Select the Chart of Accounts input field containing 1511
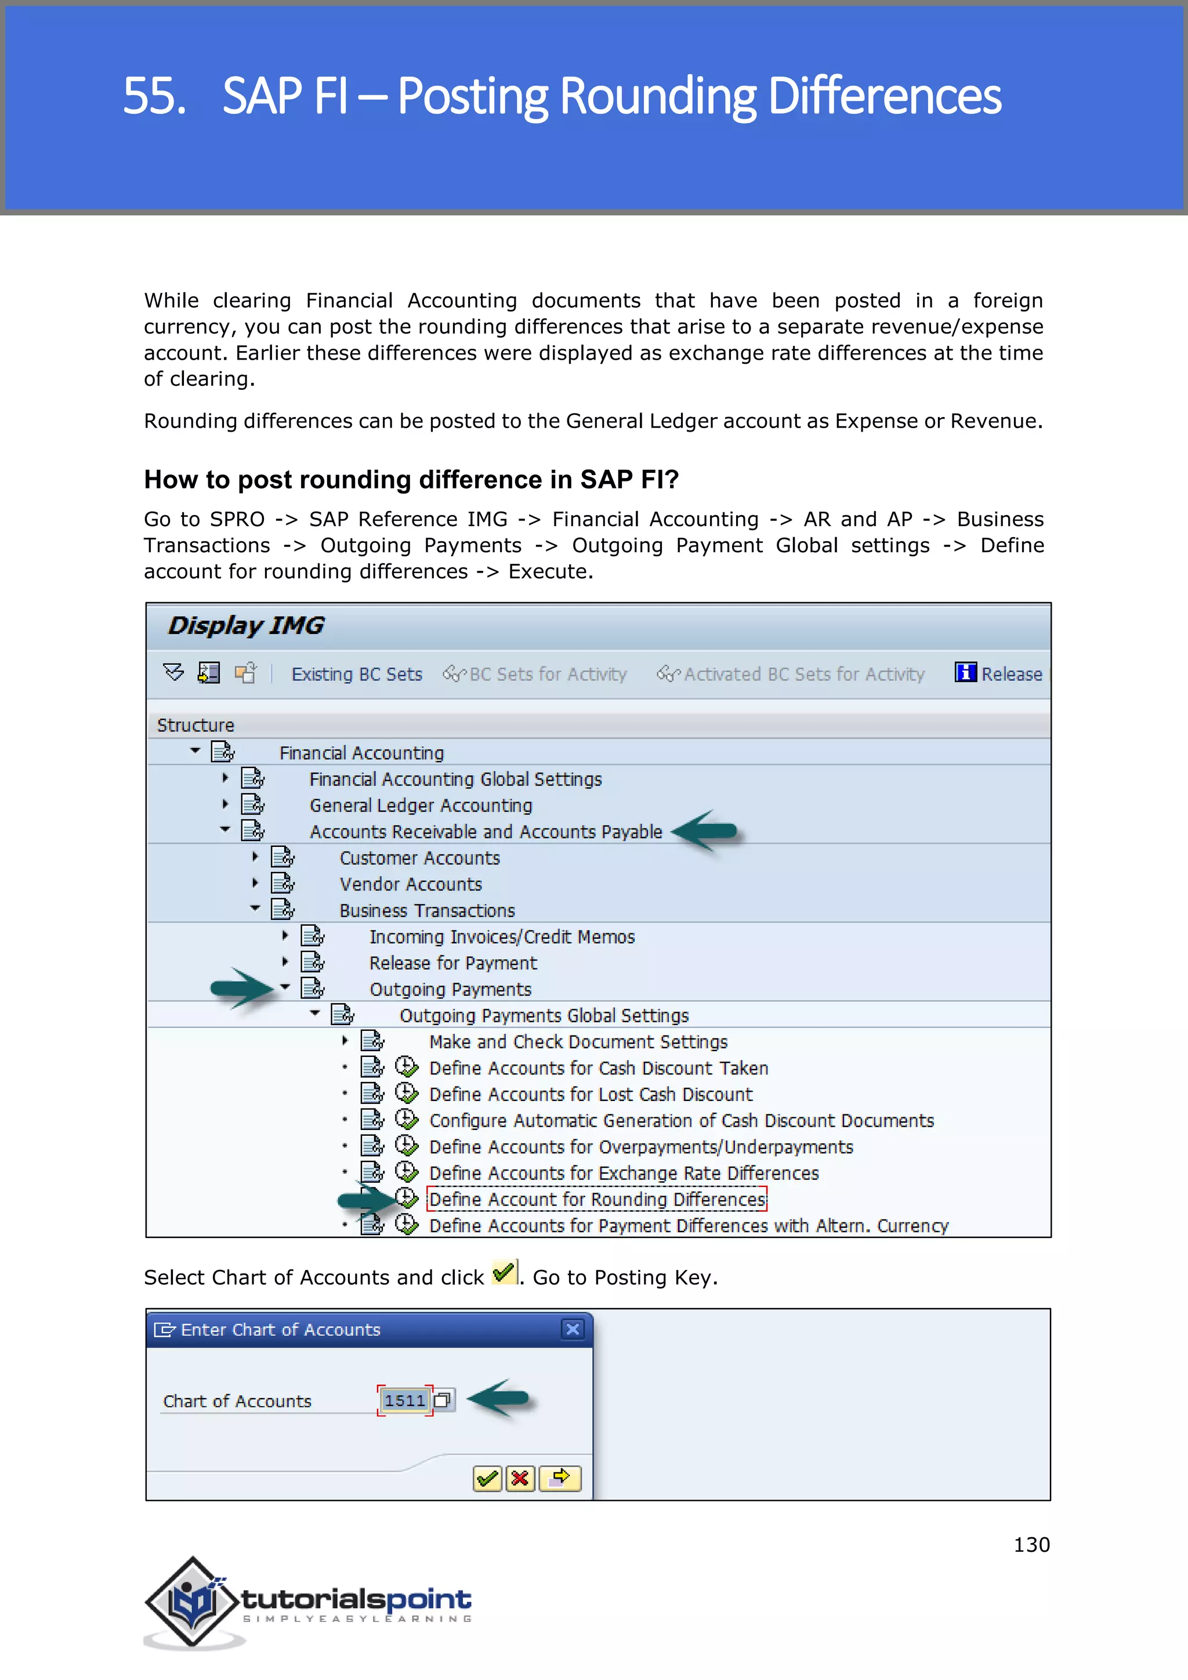(x=404, y=1400)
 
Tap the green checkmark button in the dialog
(x=487, y=1478)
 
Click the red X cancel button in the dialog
(x=520, y=1478)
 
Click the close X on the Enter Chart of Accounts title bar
(x=573, y=1329)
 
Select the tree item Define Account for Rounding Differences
(x=597, y=1199)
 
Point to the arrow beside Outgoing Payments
(x=241, y=988)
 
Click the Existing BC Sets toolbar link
(x=356, y=674)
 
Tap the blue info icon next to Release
(x=965, y=672)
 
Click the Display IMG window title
(x=246, y=625)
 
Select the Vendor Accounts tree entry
(x=410, y=884)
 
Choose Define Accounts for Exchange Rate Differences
(x=623, y=1173)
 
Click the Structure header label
(x=195, y=725)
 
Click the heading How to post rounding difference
(x=411, y=479)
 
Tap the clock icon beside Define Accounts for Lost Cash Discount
(x=406, y=1093)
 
